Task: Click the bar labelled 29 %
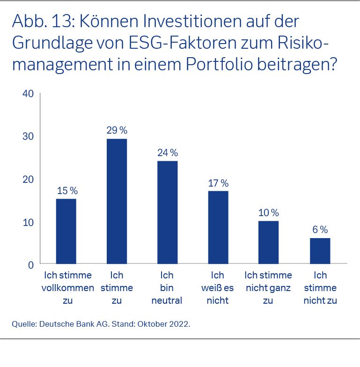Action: click(x=117, y=202)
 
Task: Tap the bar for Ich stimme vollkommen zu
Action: click(x=66, y=232)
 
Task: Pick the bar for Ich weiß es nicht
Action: click(x=218, y=227)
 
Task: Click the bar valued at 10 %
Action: click(x=269, y=242)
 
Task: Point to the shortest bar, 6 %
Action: click(x=320, y=251)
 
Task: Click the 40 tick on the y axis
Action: click(x=28, y=93)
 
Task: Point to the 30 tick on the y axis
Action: click(x=28, y=136)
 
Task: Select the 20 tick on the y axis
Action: click(x=28, y=179)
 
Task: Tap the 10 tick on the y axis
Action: click(x=28, y=222)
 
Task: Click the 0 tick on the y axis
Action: click(x=30, y=265)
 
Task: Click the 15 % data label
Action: click(x=67, y=191)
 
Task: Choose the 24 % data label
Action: click(x=168, y=153)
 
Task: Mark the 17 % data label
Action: click(x=218, y=183)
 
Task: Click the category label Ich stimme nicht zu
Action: click(x=320, y=288)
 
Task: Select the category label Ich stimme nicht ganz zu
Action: click(x=268, y=288)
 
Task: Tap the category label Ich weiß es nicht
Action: click(x=218, y=288)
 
